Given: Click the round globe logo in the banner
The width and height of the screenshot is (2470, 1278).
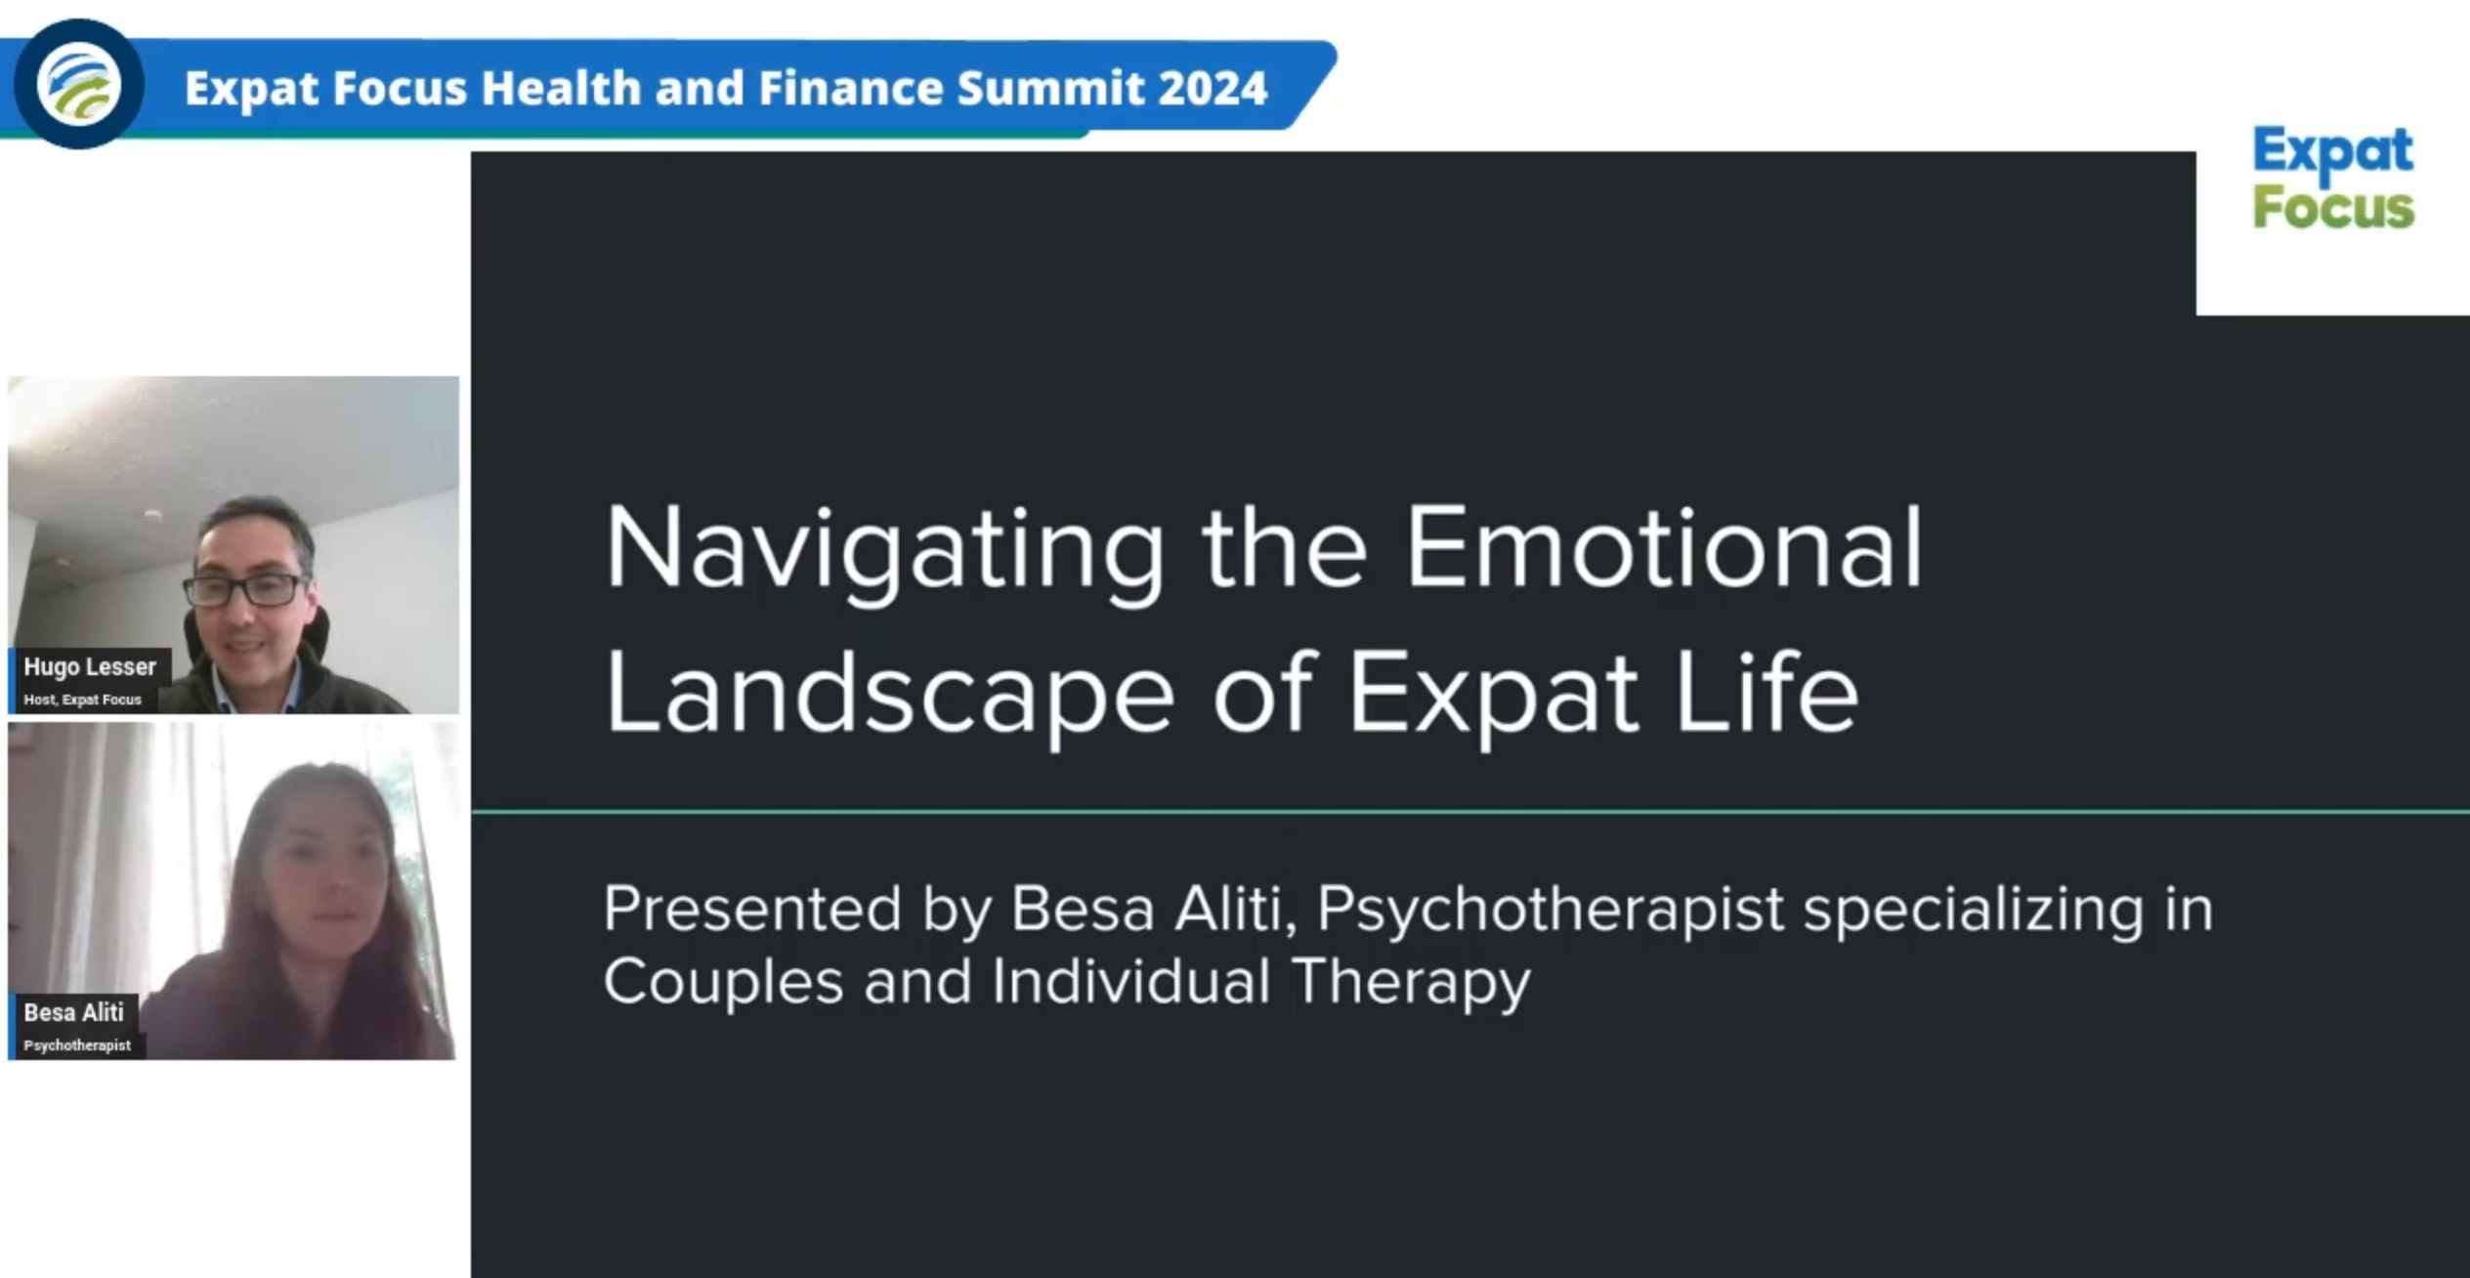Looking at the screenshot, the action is point(79,84).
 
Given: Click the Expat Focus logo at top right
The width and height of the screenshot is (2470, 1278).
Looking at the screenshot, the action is point(2333,179).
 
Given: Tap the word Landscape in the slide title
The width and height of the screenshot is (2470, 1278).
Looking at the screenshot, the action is point(889,696).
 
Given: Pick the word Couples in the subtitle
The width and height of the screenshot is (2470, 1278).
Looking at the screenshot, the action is point(723,984).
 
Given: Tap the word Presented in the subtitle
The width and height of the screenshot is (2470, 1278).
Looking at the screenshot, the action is point(752,909).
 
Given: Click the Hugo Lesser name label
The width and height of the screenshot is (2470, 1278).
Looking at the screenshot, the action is point(90,667).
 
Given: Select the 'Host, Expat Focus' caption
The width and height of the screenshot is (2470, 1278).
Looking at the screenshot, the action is point(82,700).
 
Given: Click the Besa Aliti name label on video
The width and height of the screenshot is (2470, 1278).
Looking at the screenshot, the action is point(74,1012).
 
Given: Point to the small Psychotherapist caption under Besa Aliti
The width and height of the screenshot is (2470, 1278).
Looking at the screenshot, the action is point(77,1045).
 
